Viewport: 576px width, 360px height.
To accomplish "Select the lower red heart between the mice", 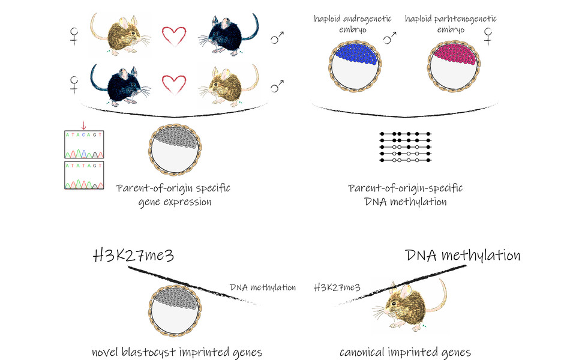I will pyautogui.click(x=175, y=85).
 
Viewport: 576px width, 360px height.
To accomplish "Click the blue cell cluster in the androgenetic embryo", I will pyautogui.click(x=353, y=55).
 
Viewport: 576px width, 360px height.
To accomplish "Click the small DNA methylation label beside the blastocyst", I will pyautogui.click(x=263, y=287).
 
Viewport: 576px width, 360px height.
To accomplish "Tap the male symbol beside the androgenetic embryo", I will pyautogui.click(x=391, y=38).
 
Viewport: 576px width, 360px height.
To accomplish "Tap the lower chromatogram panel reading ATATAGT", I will pyautogui.click(x=84, y=174).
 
